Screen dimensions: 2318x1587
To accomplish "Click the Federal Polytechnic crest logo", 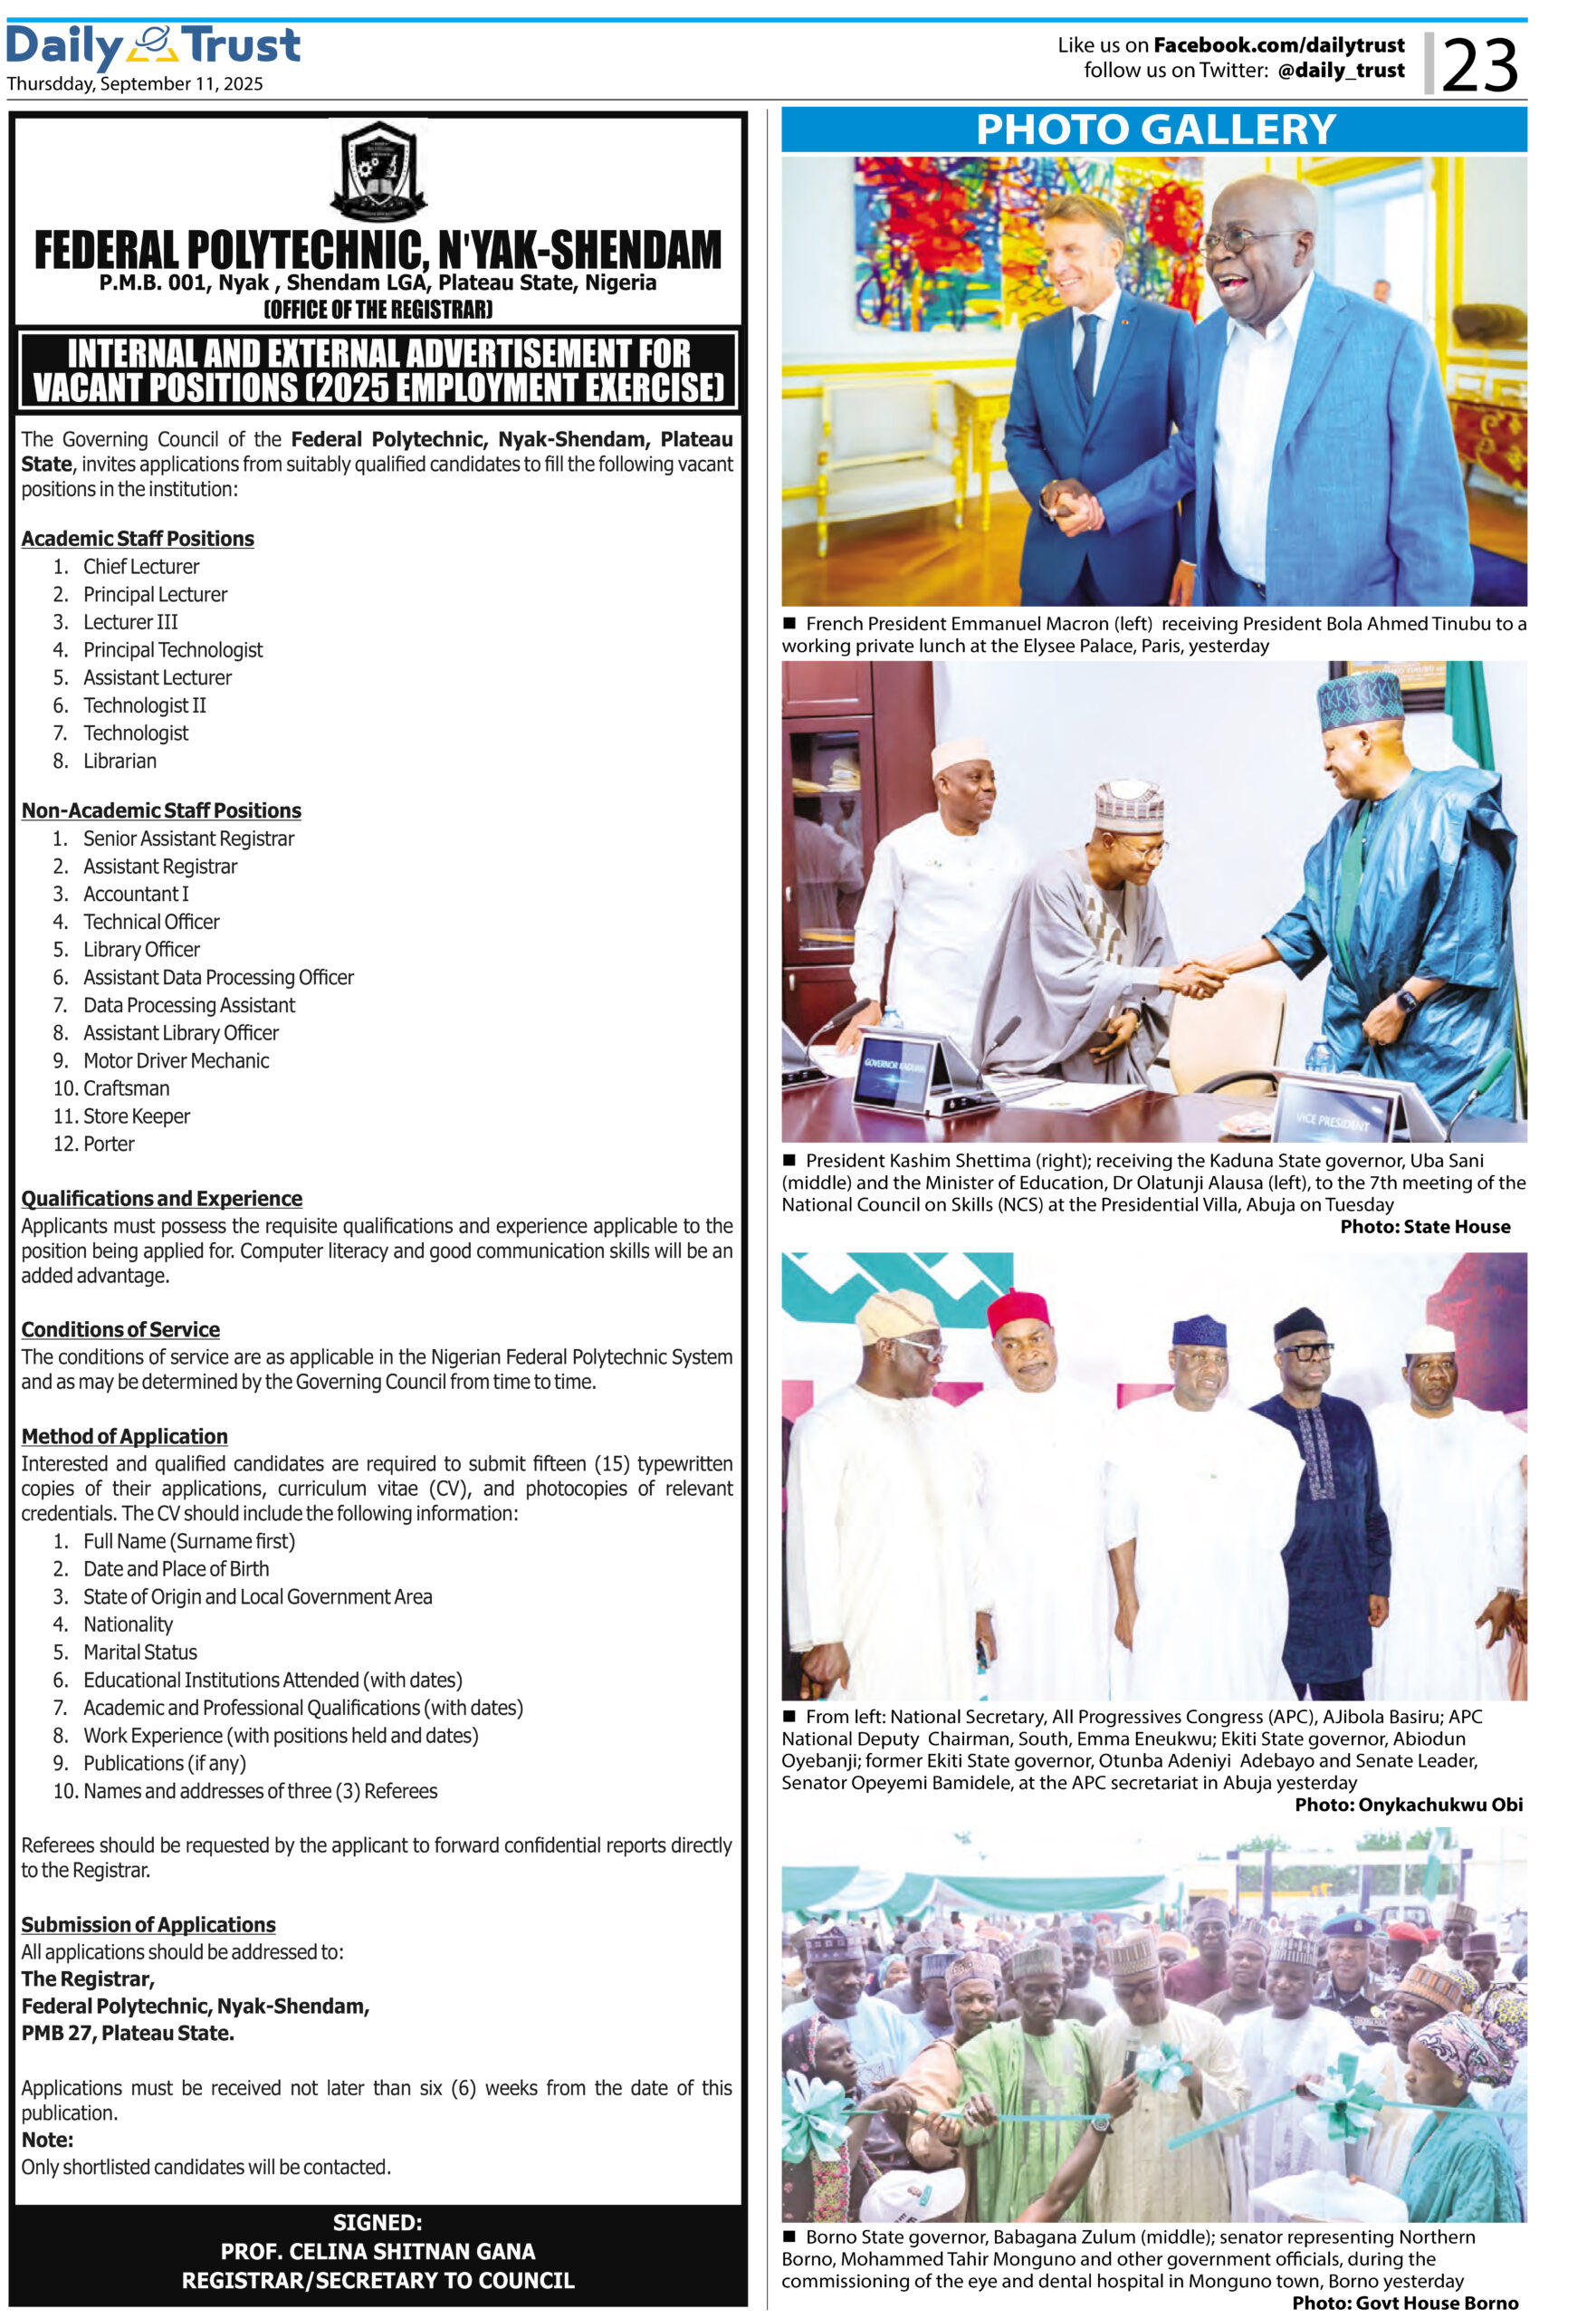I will [378, 170].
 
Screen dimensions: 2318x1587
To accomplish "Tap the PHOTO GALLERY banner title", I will [1154, 129].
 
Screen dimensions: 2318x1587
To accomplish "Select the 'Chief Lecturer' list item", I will [140, 567].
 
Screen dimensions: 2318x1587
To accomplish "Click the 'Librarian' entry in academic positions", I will [120, 761].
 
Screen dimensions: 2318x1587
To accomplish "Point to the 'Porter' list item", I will [109, 1144].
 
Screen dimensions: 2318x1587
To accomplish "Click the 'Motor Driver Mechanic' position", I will [176, 1060].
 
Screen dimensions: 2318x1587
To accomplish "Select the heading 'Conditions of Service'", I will [120, 1329].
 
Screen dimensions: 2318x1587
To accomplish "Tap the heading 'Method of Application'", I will [125, 1436].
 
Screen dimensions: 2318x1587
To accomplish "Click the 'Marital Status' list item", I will [139, 1652].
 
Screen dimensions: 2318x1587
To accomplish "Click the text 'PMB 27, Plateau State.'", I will [128, 2033].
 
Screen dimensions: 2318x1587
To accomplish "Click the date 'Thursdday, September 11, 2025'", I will [135, 84].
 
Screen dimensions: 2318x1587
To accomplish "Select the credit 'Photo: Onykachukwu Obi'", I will [1408, 1805].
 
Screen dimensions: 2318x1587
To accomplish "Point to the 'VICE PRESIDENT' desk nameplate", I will [1332, 1120].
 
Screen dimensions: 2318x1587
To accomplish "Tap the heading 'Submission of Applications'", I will [148, 1925].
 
